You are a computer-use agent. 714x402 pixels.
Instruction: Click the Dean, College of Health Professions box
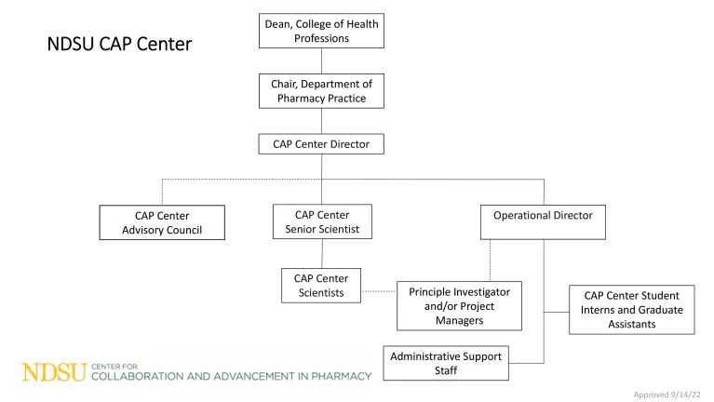point(321,31)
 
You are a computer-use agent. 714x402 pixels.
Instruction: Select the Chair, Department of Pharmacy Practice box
point(321,91)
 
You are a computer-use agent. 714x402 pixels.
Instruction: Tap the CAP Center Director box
point(321,144)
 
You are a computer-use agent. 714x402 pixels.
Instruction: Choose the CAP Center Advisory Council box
point(162,223)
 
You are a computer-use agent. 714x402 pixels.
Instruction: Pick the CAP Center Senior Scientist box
point(321,222)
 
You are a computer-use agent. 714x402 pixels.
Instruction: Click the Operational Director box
point(543,222)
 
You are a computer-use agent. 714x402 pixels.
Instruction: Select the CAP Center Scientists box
point(321,286)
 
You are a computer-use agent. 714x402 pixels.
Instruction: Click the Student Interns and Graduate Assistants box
point(632,310)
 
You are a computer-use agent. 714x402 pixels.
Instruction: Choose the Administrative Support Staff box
point(446,363)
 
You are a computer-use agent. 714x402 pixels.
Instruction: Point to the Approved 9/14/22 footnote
point(667,395)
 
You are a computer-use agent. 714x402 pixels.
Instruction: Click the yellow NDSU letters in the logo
point(54,373)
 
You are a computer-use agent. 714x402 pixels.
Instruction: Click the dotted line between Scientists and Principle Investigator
point(379,291)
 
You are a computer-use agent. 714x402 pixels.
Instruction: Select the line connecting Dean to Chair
point(321,60)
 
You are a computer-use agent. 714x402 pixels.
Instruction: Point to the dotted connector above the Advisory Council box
point(162,191)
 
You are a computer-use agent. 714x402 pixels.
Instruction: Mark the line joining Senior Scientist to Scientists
point(322,254)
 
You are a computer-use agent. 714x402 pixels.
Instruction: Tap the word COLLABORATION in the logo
point(136,376)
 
